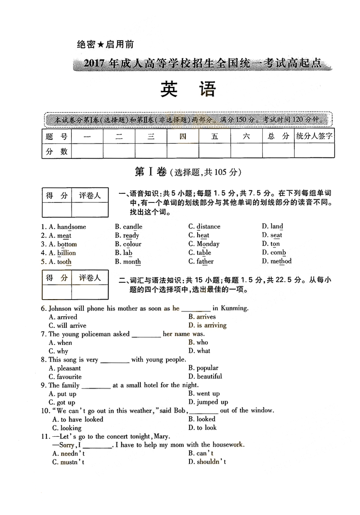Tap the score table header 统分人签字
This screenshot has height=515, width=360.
[x=314, y=136]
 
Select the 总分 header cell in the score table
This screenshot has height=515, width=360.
[x=278, y=136]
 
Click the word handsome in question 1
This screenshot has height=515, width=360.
[x=72, y=227]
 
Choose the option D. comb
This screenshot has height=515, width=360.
[x=274, y=253]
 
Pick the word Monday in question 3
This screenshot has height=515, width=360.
[x=208, y=244]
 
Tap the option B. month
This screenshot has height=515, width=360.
[x=128, y=261]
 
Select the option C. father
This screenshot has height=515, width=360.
[x=201, y=261]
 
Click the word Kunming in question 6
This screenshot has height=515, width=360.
[x=234, y=308]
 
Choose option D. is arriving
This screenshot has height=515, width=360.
[x=207, y=325]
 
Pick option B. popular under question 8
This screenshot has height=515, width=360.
[x=203, y=368]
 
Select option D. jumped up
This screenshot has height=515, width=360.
[x=208, y=402]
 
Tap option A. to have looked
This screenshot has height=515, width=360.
[x=78, y=419]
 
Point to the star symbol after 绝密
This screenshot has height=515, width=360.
[x=101, y=45]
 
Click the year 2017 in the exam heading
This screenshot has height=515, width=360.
[x=94, y=63]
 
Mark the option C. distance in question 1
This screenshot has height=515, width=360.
[x=204, y=227]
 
